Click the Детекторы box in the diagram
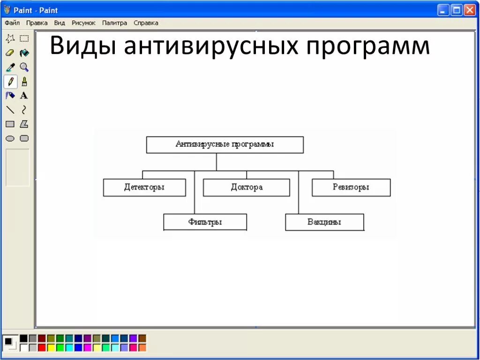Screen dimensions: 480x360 [x=144, y=187]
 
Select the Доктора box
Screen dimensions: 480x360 [x=247, y=187]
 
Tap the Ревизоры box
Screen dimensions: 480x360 [x=351, y=187]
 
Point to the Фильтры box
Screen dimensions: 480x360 [x=205, y=222]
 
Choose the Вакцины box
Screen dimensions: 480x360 [x=324, y=222]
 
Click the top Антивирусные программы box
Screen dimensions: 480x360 [x=225, y=145]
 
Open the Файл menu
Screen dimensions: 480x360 [x=12, y=22]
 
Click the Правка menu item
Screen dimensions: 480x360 [x=37, y=22]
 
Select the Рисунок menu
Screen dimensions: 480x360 [x=83, y=22]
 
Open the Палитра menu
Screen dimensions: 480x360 [x=114, y=22]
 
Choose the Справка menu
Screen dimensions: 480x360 [x=146, y=22]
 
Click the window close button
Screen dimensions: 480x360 [x=470, y=10]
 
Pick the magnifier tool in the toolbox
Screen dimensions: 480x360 [x=24, y=67]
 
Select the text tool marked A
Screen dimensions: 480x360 [x=24, y=96]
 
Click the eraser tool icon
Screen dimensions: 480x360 [x=10, y=53]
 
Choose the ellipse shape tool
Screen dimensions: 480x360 [x=10, y=138]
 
